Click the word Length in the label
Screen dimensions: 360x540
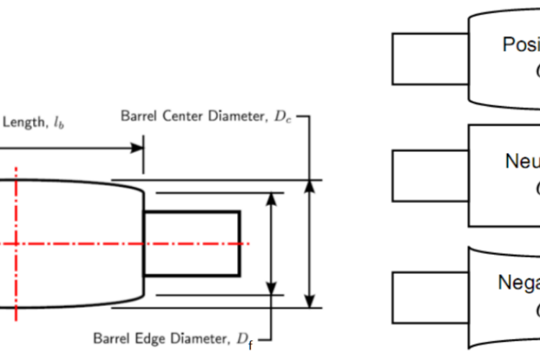click(23, 122)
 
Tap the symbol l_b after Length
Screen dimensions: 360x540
click(59, 124)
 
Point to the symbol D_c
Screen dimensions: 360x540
click(283, 116)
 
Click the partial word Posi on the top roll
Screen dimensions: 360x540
click(521, 45)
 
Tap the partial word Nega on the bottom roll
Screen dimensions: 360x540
click(518, 282)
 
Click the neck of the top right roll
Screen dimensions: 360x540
click(430, 58)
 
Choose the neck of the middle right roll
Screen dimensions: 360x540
click(430, 175)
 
